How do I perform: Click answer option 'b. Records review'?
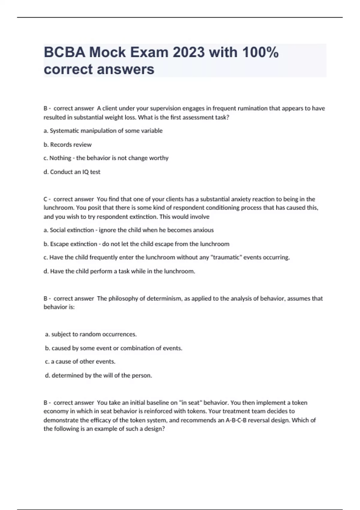click(x=67, y=145)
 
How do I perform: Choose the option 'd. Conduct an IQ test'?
click(x=72, y=172)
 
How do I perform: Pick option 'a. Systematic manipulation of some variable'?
click(x=103, y=131)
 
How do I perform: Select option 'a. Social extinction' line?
click(x=128, y=230)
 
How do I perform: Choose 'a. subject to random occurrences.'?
click(x=91, y=334)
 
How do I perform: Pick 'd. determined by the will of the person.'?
click(x=98, y=375)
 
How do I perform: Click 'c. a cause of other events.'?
click(x=80, y=361)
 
